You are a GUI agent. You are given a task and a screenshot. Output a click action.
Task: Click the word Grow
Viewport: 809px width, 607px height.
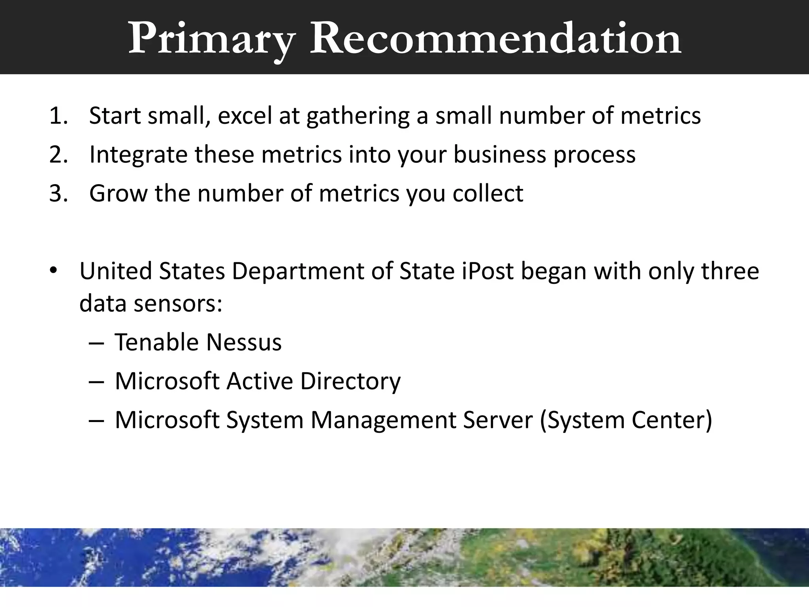(118, 194)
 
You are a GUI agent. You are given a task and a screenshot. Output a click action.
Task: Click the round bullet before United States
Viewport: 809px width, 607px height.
(54, 271)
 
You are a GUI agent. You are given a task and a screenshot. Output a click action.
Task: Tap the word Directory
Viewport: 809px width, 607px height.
(350, 381)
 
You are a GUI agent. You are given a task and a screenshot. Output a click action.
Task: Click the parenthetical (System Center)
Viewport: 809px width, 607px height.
(626, 420)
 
